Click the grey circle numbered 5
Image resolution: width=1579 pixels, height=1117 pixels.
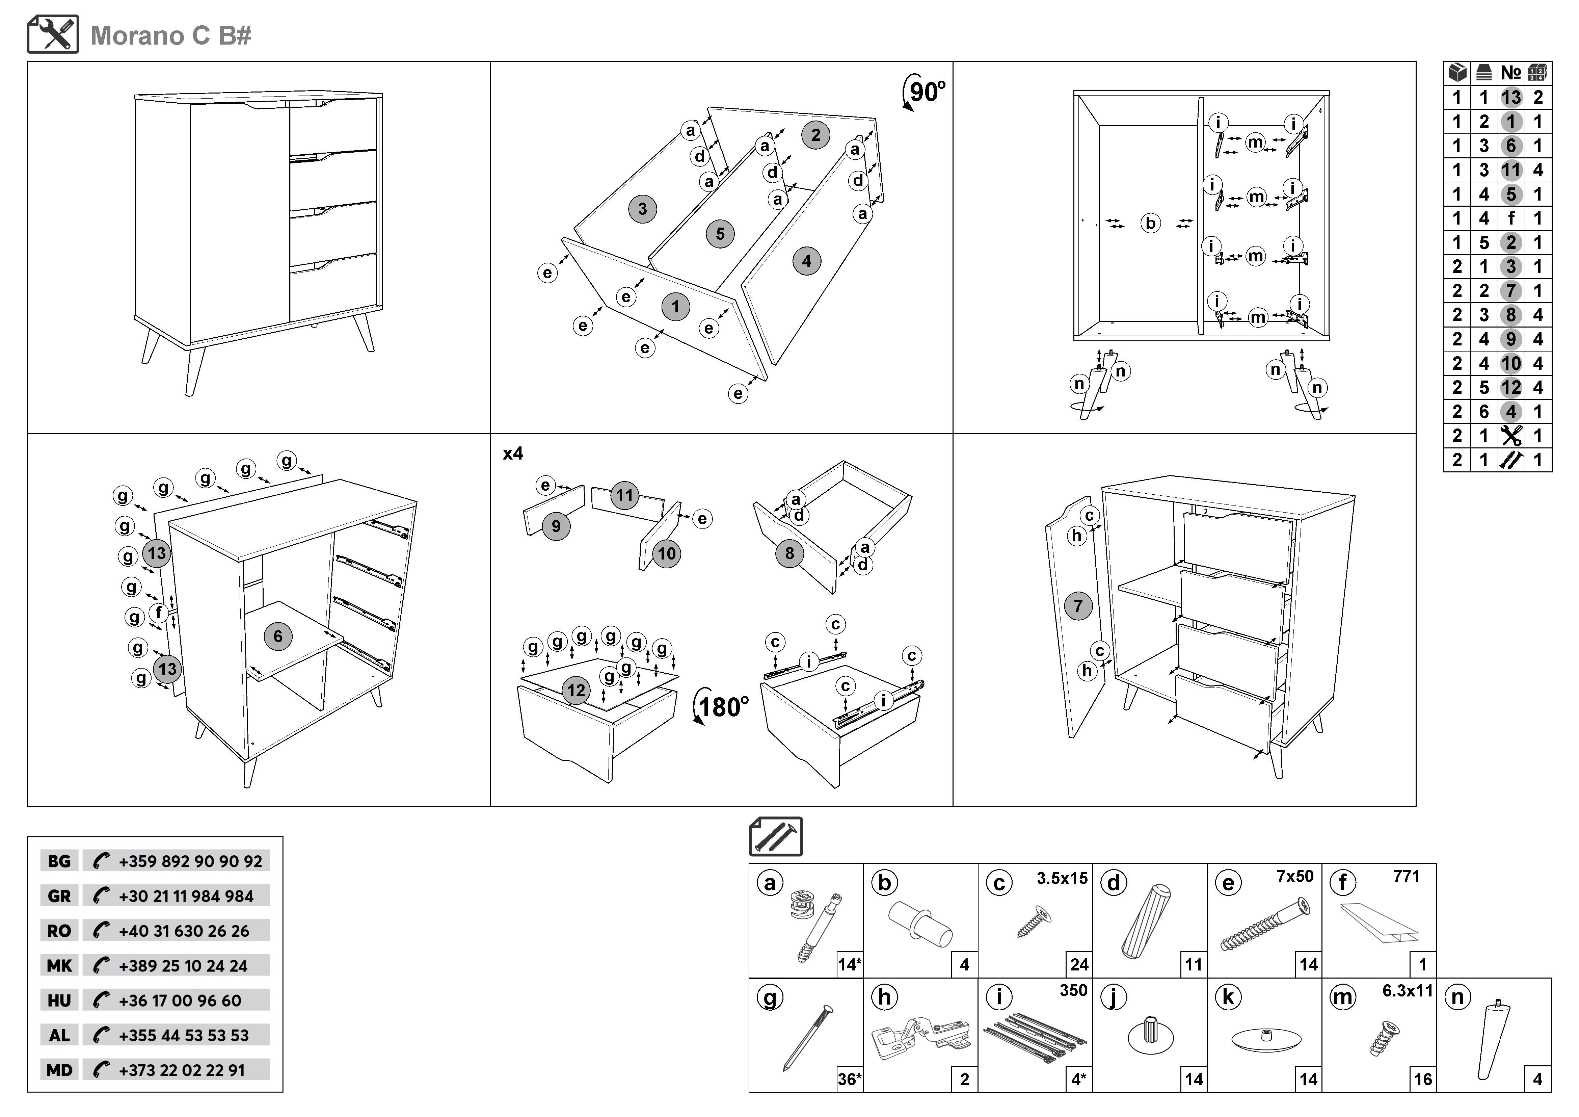pos(720,234)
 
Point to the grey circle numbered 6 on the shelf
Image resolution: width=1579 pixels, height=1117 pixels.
pos(278,636)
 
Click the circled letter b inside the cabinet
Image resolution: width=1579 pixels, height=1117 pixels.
pos(1150,224)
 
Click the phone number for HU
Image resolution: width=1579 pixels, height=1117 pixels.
pos(180,1001)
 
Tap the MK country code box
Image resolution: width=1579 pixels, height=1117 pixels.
pos(59,966)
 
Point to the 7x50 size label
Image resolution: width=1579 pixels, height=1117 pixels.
pos(1295,876)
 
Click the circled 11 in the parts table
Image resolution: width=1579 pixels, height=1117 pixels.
pos(1511,170)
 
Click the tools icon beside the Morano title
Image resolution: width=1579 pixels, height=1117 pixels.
pos(53,34)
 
